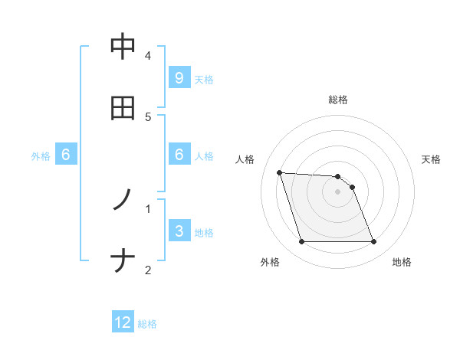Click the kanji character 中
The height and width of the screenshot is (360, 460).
point(123,47)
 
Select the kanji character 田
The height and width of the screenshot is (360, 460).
point(123,108)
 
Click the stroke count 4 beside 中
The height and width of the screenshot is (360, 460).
point(148,56)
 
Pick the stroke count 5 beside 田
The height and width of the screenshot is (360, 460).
point(148,117)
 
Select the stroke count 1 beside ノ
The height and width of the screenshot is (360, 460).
point(148,208)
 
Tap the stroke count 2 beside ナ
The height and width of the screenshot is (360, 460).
point(148,270)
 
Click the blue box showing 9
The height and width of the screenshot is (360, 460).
point(179,78)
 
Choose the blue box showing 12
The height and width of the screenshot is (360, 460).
point(123,323)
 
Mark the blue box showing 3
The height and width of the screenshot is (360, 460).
point(179,231)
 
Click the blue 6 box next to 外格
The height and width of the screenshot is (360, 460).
point(66,155)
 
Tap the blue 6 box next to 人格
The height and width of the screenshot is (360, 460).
point(179,155)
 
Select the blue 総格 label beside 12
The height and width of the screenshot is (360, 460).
point(147,324)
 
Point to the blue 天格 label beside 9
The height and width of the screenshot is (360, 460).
point(204,79)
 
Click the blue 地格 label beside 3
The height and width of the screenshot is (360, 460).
point(204,232)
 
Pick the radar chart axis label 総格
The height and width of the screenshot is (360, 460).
point(338,100)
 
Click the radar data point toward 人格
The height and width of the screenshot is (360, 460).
point(280,172)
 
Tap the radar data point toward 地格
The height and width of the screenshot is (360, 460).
point(373,242)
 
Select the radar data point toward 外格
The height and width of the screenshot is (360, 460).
point(301,242)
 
